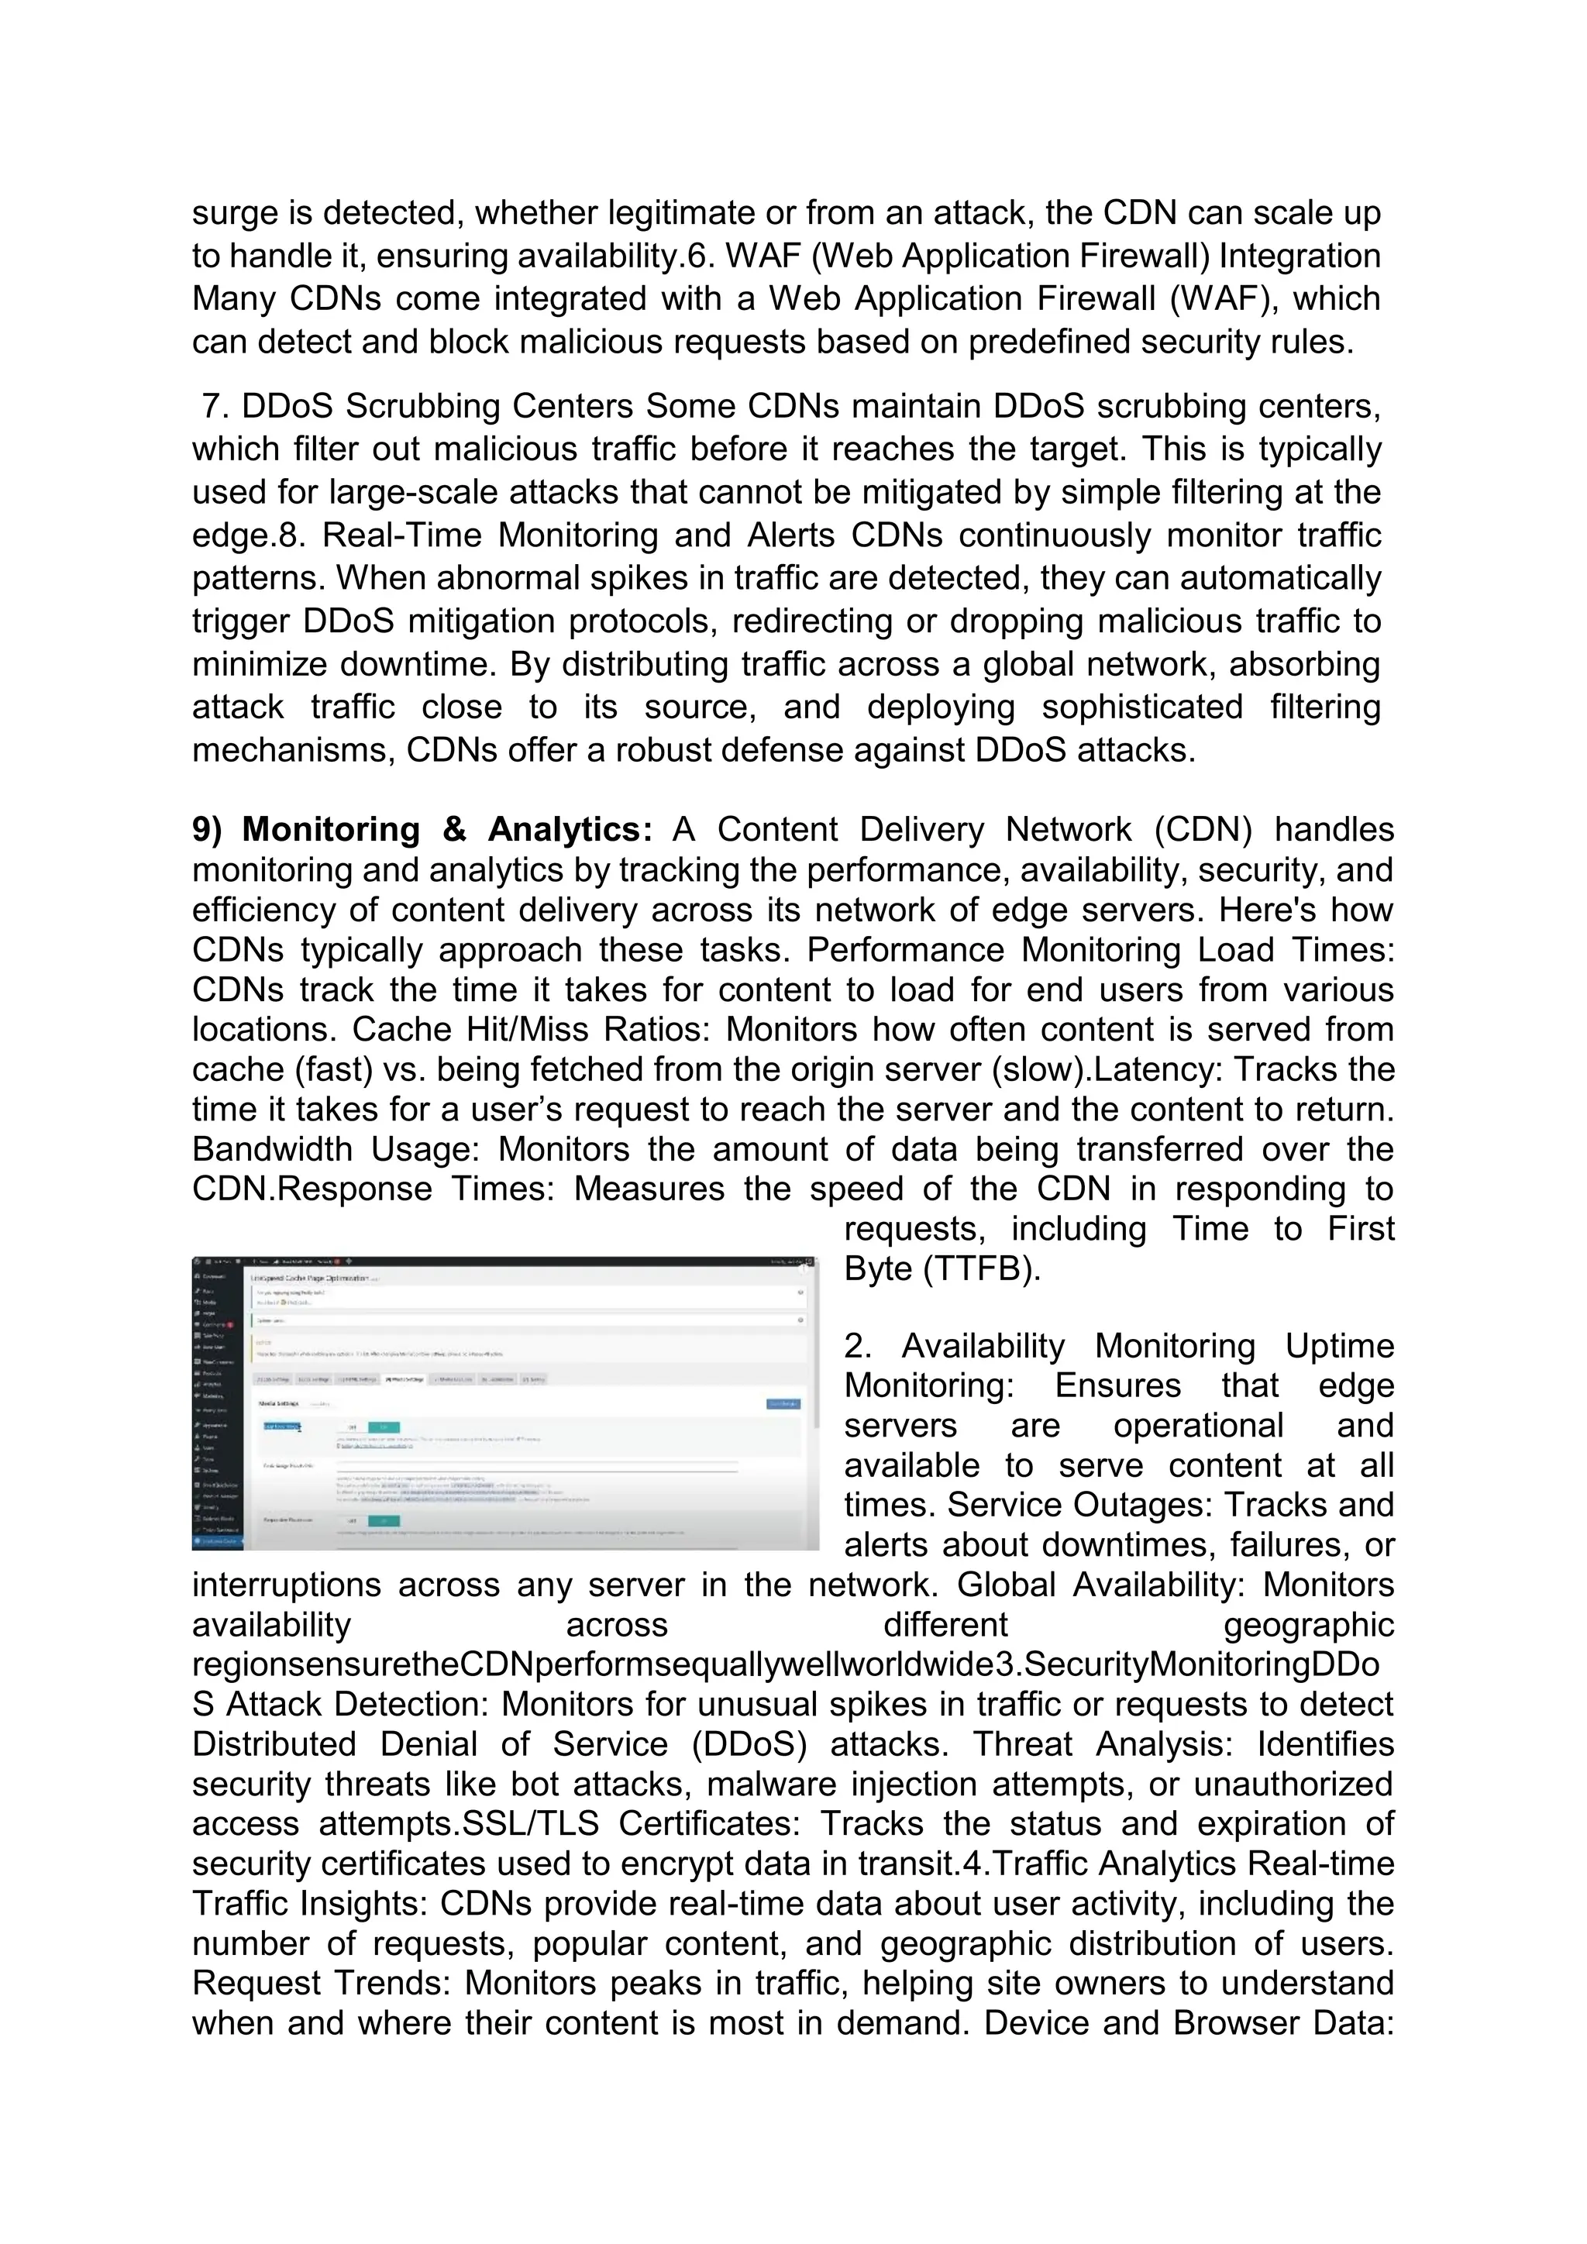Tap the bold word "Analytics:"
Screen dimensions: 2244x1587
[570, 830]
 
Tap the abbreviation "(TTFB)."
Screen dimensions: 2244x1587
[943, 1269]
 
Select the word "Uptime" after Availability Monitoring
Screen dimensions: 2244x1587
[1339, 1347]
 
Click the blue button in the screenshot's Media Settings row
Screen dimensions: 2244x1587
[783, 1405]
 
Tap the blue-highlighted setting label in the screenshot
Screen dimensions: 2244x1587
[281, 1427]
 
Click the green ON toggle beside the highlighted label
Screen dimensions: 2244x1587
[383, 1428]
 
